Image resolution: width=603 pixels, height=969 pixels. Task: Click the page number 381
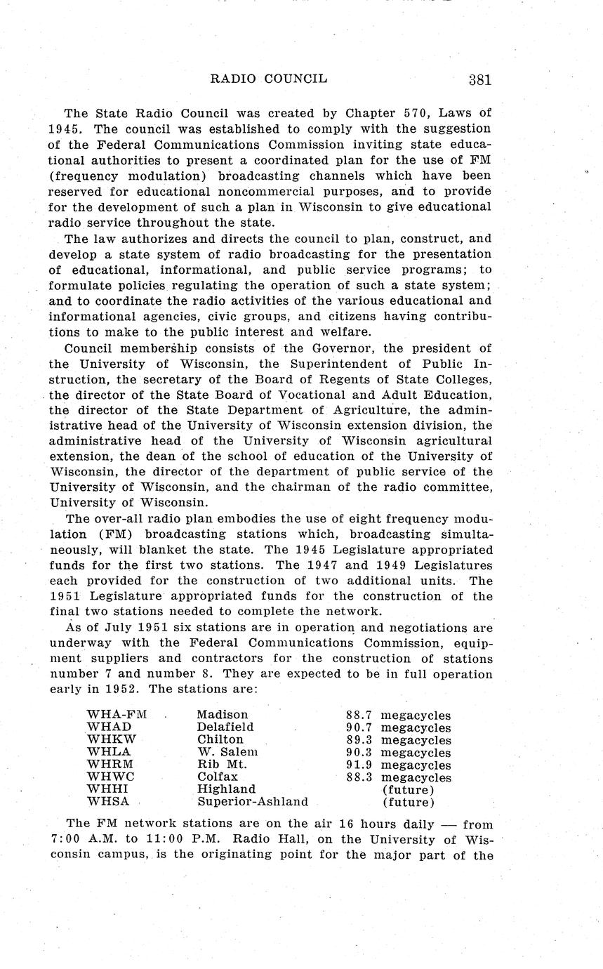click(x=479, y=79)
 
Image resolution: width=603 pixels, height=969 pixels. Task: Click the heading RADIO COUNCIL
click(x=269, y=79)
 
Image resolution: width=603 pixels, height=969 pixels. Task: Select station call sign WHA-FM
click(x=117, y=715)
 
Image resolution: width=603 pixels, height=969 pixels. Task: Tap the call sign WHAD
click(x=109, y=727)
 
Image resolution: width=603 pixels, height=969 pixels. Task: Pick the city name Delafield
click(x=225, y=727)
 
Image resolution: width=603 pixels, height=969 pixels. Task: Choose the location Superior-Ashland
click(x=253, y=802)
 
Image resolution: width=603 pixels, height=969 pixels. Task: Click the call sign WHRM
click(x=110, y=765)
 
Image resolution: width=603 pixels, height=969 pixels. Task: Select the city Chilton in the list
click(x=220, y=739)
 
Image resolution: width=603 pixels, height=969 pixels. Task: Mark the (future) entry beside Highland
click(x=408, y=789)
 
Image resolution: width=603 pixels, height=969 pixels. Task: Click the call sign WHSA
click(x=108, y=802)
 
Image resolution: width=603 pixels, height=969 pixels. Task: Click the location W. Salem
click(x=227, y=752)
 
